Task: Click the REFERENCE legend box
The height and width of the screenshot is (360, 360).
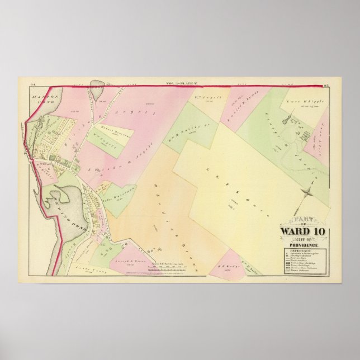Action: [300, 262]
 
